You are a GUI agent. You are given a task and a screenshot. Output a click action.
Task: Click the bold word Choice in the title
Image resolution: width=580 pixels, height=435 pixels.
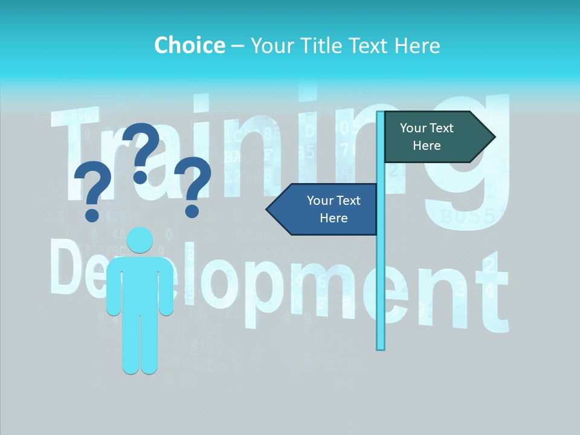[x=189, y=45]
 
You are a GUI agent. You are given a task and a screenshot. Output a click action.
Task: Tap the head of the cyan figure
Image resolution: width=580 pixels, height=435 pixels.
[x=140, y=240]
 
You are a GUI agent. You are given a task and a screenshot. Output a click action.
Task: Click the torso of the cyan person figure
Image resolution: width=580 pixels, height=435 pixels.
[x=140, y=284]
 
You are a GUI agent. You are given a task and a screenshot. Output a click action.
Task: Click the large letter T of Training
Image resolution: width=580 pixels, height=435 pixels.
[x=79, y=151]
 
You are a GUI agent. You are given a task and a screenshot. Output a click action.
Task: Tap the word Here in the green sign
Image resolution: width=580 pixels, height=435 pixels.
[x=427, y=146]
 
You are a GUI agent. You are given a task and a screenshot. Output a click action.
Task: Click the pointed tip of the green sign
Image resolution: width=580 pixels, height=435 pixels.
[x=494, y=137]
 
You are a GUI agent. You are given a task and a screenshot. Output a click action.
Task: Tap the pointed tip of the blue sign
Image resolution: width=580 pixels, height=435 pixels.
[x=268, y=209]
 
